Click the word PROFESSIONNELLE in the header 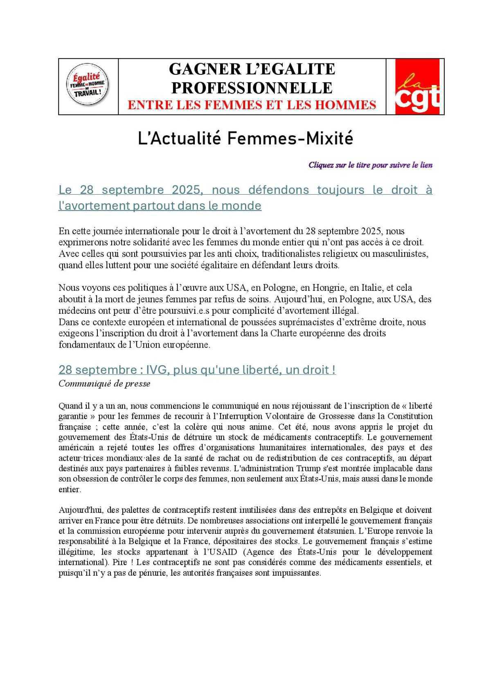pyautogui.click(x=252, y=88)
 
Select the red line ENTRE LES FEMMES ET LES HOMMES pyautogui.click(x=252, y=105)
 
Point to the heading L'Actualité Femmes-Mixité pyautogui.click(x=245, y=139)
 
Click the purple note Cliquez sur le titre pyautogui.click(x=370, y=165)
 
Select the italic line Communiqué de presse pyautogui.click(x=104, y=384)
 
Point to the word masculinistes pyautogui.click(x=401, y=254)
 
